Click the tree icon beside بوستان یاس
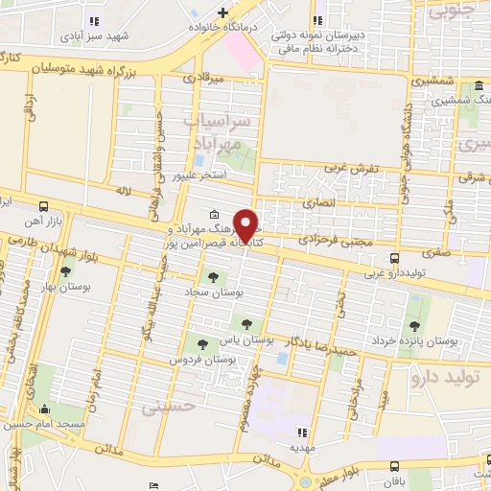(247, 325)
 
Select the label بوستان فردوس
(204, 359)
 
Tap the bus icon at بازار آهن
(44, 206)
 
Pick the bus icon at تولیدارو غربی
(395, 257)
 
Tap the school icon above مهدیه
(303, 433)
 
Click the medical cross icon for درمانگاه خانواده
(222, 12)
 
